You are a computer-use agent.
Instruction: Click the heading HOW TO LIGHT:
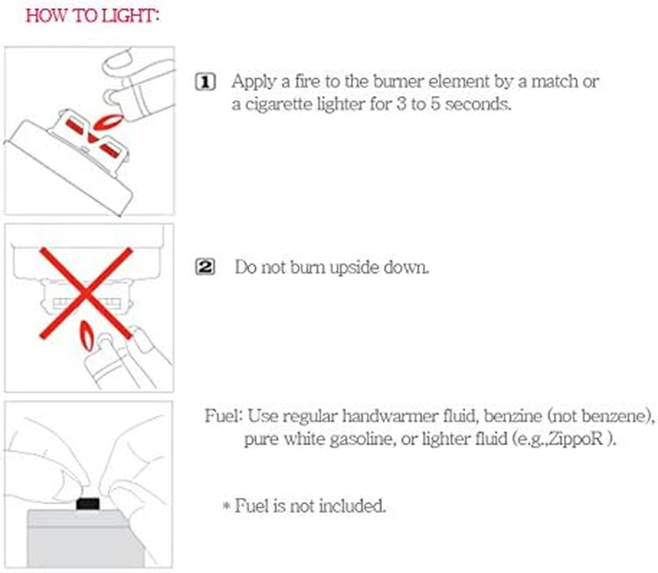[92, 16]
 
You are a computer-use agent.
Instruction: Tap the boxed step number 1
[206, 82]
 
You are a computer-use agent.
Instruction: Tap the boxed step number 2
[205, 267]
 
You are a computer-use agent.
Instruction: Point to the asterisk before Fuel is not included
[227, 506]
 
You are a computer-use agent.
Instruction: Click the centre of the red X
[86, 293]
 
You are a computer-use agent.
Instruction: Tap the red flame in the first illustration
[108, 122]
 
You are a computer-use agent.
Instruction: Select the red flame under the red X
[87, 336]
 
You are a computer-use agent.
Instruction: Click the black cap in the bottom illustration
[87, 504]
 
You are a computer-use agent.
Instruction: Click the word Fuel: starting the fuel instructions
[224, 416]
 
